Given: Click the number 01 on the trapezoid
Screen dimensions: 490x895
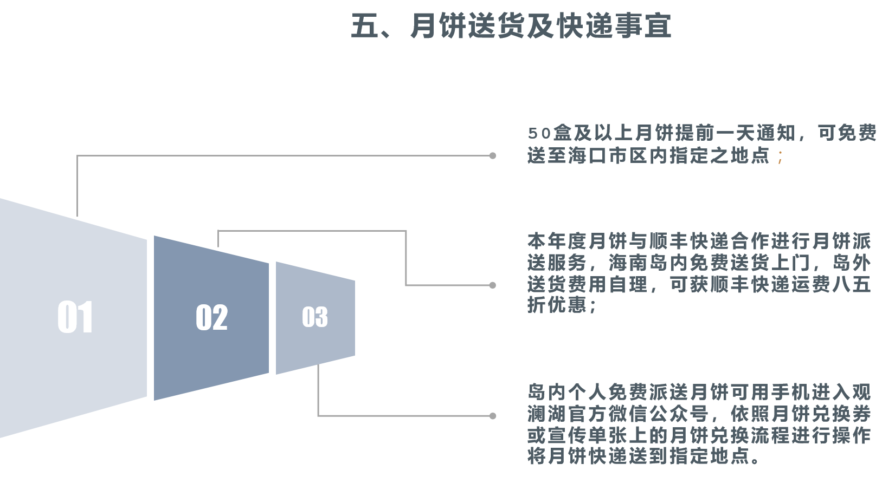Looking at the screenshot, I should point(75,317).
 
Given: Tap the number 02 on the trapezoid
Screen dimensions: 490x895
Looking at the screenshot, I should point(211,318).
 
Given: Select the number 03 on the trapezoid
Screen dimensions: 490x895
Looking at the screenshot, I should point(315,317).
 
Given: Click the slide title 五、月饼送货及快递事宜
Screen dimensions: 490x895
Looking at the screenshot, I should point(511,26).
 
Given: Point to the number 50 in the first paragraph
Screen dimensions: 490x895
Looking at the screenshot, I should point(539,133).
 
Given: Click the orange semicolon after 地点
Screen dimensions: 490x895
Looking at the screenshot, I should point(780,156).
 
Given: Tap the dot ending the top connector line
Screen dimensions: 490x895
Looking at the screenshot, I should point(493,156).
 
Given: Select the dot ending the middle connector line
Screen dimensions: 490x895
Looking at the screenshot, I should point(493,285).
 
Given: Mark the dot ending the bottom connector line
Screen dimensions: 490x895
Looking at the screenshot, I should point(493,416).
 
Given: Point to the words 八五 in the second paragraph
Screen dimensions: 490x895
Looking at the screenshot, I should point(851,284).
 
